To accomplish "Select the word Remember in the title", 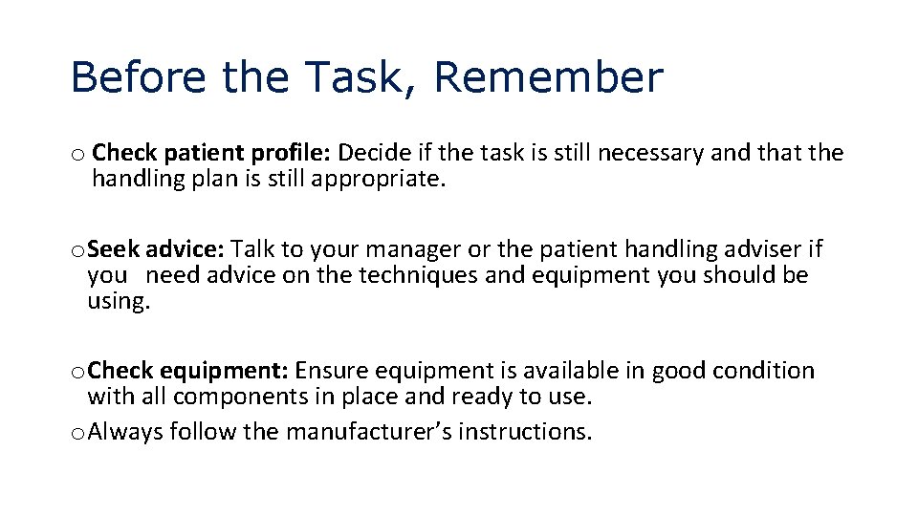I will [548, 77].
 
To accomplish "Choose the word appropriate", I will [379, 179].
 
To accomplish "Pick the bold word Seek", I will [114, 250].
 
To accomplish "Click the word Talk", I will [253, 250].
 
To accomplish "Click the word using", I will [119, 302].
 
